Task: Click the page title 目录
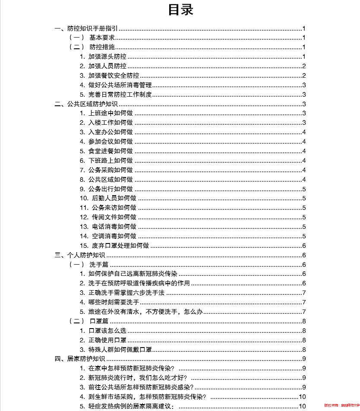tap(180, 10)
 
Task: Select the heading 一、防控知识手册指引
tap(86, 28)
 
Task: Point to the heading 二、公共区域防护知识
tap(86, 104)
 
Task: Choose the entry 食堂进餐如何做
tap(111, 151)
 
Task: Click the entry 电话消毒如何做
tap(114, 227)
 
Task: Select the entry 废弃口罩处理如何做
tap(120, 246)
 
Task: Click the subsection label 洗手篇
tap(98, 265)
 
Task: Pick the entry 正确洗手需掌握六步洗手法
tap(126, 293)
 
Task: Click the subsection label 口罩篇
tap(98, 321)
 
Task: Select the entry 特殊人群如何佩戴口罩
tap(120, 350)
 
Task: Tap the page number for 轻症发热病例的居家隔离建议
tap(302, 406)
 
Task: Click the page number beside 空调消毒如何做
tap(304, 236)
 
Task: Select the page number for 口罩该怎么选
tap(304, 331)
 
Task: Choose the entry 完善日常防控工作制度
tap(120, 95)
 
